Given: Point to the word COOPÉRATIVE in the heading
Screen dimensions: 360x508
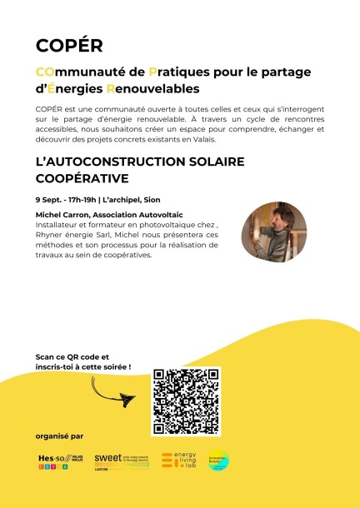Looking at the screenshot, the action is [x=81, y=178].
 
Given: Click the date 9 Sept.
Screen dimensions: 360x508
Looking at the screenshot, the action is [x=50, y=200].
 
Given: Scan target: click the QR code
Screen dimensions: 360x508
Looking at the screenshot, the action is [x=186, y=401].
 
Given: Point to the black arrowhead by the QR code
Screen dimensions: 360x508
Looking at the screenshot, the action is [x=127, y=401].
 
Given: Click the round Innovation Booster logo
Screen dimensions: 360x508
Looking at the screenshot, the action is [x=218, y=461].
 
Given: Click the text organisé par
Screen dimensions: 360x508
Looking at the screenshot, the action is [x=59, y=436].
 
